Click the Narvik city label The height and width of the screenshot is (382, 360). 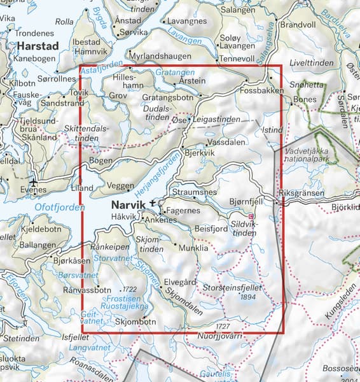coord(130,205)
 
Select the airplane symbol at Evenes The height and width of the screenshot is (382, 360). coord(34,188)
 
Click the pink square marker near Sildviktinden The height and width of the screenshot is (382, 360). coord(251,217)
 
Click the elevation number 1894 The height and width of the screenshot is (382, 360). coord(247,295)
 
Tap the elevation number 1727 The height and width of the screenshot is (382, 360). coord(221,326)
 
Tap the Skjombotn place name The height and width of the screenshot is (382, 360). coord(136,322)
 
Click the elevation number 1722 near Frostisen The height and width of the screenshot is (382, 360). coord(131,288)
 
